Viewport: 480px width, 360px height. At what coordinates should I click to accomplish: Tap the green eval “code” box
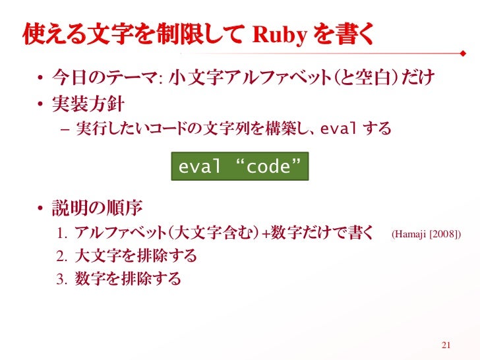point(240,167)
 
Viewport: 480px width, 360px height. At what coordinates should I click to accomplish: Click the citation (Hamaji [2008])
point(426,234)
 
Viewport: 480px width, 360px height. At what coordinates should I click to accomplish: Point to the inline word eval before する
point(339,128)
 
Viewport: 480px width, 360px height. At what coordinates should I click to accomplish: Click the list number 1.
point(63,234)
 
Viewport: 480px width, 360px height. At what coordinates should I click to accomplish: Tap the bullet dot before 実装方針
point(40,105)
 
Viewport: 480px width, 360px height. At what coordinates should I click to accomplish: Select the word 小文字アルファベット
point(250,80)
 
